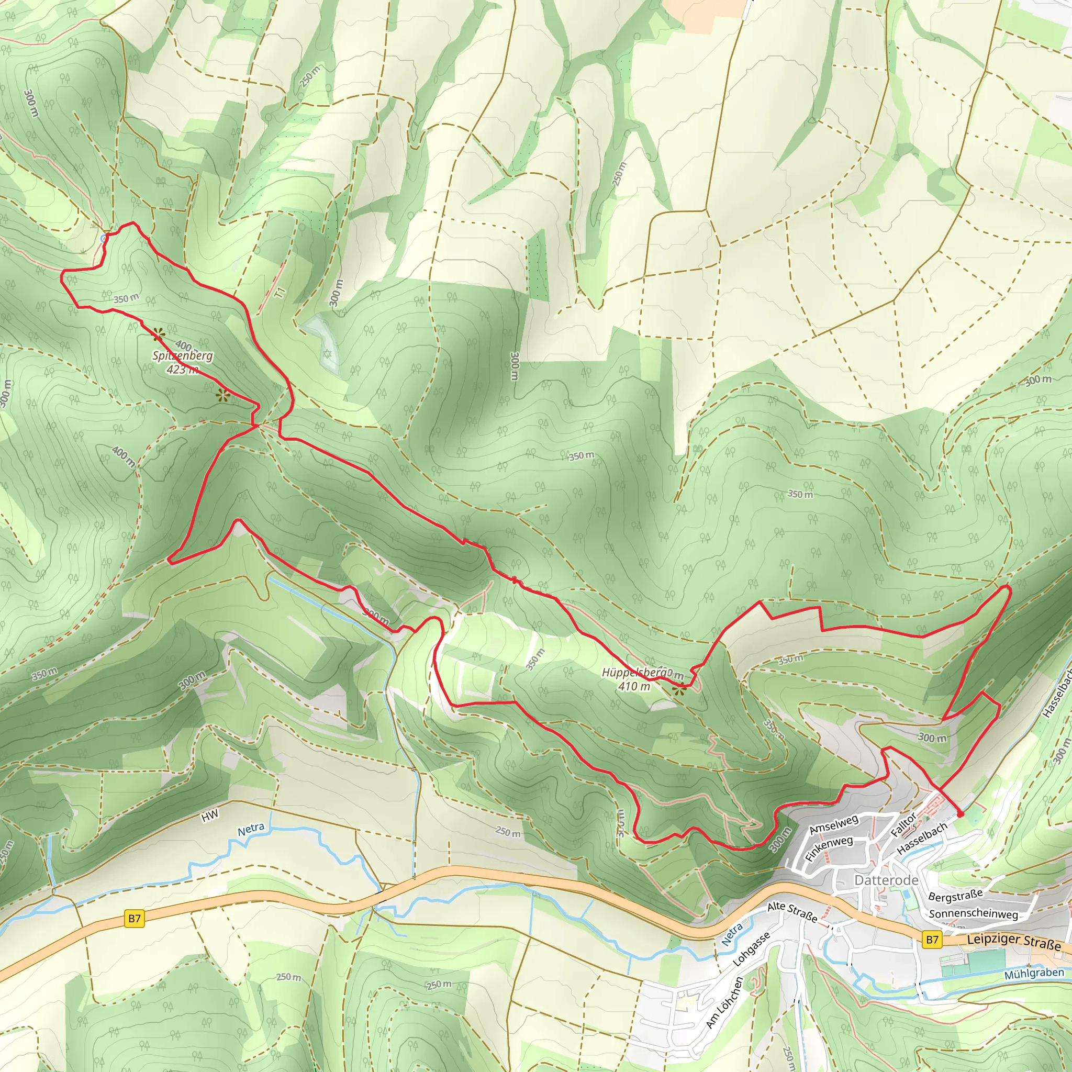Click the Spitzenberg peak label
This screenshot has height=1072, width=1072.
coord(183,356)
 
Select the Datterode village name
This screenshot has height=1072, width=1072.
coord(886,880)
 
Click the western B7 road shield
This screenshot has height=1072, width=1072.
coord(135,918)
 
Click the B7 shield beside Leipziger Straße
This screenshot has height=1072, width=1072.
coord(932,940)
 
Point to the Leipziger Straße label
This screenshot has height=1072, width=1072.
coord(1014,942)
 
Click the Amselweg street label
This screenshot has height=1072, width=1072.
coord(833,824)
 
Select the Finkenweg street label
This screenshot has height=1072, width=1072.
coord(829,849)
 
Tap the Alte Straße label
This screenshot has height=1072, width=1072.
coord(792,912)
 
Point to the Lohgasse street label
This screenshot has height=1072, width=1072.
coord(752,950)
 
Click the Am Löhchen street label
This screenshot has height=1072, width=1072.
coord(724,1002)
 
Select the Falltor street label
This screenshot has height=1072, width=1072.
coord(903,825)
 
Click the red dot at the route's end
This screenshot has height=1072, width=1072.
coord(960,814)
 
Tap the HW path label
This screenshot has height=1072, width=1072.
coord(210,816)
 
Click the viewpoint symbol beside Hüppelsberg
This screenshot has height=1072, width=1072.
coord(677,690)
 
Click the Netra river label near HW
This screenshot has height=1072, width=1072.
coord(251,829)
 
